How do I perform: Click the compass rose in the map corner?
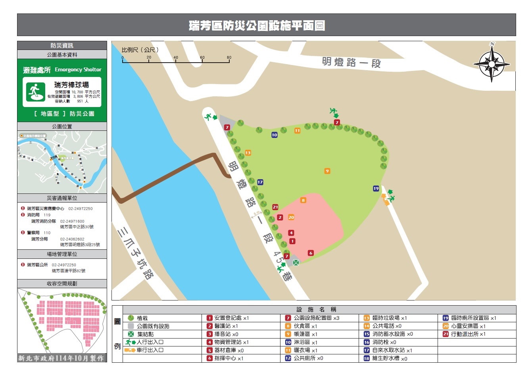tap(492, 63)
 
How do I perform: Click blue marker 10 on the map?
tap(274, 135)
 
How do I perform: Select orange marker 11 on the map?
tap(297, 130)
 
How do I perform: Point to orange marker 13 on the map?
tap(248, 153)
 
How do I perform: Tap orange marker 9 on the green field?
tap(327, 171)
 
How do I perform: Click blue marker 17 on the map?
tap(260, 182)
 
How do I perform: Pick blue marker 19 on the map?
tap(376, 188)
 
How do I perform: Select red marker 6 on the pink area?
tap(311, 253)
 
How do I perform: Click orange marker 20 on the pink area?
tap(291, 217)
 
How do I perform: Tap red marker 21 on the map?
tap(275, 207)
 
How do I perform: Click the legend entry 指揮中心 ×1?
tap(229, 358)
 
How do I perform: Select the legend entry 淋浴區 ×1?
tap(305, 342)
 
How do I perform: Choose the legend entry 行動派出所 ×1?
tap(468, 334)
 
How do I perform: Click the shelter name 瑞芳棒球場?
tap(71, 85)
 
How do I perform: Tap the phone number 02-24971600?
tap(72, 221)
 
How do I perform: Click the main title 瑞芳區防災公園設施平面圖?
tap(257, 26)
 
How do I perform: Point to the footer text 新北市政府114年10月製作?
tap(62, 358)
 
